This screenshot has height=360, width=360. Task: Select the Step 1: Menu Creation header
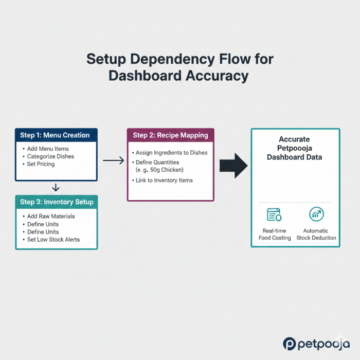[x=55, y=135]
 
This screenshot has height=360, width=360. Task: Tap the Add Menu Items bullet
[x=48, y=149]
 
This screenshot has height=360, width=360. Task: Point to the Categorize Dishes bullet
[x=50, y=156]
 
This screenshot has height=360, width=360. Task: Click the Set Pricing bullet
[x=41, y=164]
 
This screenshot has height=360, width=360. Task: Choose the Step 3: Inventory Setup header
[x=57, y=202]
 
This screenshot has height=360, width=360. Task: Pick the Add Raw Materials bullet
[x=51, y=217]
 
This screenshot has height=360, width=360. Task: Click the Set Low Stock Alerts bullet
[x=53, y=239]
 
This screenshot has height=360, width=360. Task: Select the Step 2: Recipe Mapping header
[x=170, y=135]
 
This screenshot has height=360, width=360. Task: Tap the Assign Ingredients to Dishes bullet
[x=171, y=153]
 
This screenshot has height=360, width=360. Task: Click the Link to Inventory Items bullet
[x=164, y=180]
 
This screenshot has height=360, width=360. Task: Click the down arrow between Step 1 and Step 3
[x=56, y=188]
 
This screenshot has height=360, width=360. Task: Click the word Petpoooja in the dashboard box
[x=295, y=148]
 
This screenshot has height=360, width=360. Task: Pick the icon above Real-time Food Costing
[x=274, y=215]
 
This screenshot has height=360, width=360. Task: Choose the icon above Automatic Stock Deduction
[x=316, y=214]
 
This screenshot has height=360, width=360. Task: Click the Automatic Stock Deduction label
[x=316, y=234]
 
